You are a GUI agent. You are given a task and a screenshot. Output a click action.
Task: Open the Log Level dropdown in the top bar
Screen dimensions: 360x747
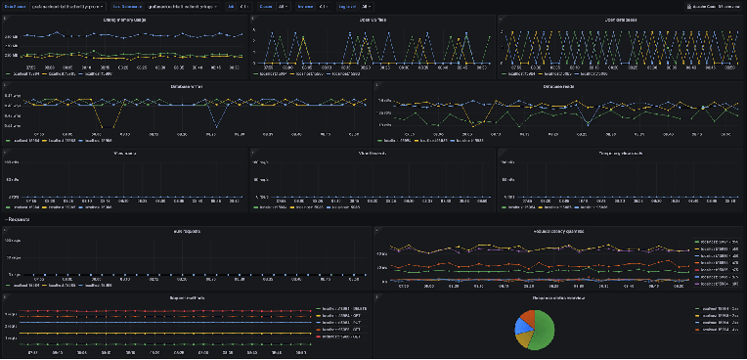pos(353,6)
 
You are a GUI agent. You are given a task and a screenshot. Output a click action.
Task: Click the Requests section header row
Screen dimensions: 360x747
pos(22,221)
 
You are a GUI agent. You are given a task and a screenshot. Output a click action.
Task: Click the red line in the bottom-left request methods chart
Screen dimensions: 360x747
pos(147,313)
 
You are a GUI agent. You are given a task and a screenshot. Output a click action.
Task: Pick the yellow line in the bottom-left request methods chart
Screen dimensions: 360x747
pos(147,334)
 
